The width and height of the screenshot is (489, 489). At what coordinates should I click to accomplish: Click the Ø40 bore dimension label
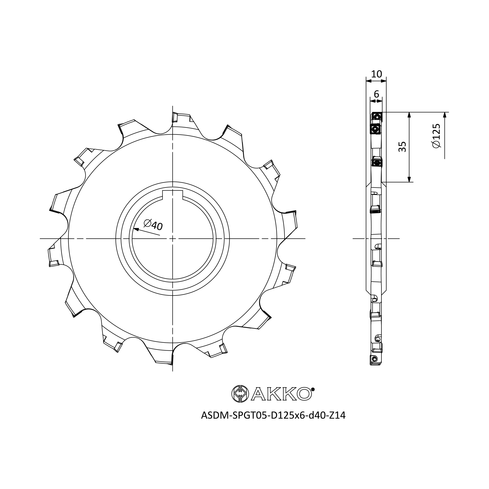pyautogui.click(x=153, y=225)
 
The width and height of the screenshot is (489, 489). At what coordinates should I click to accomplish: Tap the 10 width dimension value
pyautogui.click(x=376, y=74)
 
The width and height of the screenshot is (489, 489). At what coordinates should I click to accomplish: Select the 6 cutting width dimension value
pyautogui.click(x=376, y=94)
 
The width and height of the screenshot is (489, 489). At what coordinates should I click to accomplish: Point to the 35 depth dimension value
pyautogui.click(x=402, y=146)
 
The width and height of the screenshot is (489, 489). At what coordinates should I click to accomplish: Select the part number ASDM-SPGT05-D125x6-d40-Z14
pyautogui.click(x=273, y=415)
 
